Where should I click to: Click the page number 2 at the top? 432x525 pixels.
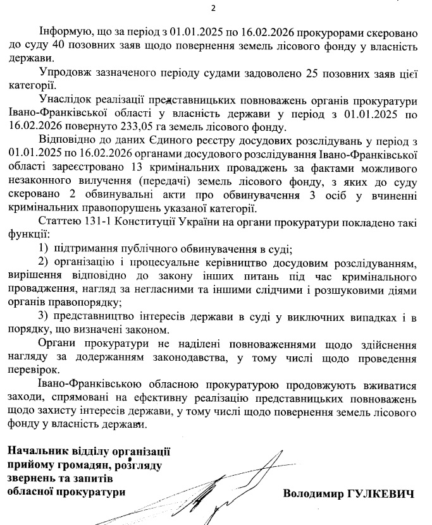(213, 8)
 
